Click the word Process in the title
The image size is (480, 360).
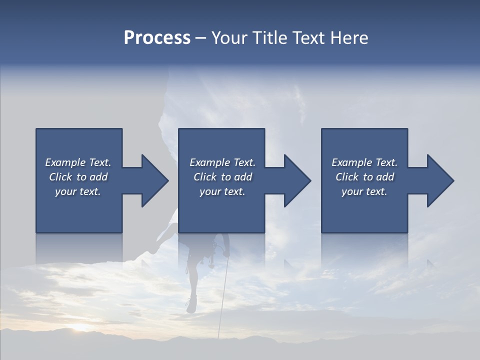click(x=157, y=38)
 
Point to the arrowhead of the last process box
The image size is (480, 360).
click(x=440, y=180)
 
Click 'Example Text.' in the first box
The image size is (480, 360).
click(x=78, y=162)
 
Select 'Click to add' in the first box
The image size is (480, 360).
click(x=78, y=177)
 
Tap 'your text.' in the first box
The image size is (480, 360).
click(x=78, y=191)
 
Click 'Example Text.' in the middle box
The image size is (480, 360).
click(x=222, y=162)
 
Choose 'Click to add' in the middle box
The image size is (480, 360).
click(x=222, y=177)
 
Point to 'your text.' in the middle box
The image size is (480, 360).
click(x=222, y=191)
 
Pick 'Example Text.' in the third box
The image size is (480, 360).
click(x=364, y=162)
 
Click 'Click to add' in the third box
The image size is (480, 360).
click(x=364, y=177)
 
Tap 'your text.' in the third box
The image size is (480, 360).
click(x=364, y=191)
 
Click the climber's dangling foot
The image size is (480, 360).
click(x=190, y=305)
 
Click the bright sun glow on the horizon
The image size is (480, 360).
click(x=80, y=328)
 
